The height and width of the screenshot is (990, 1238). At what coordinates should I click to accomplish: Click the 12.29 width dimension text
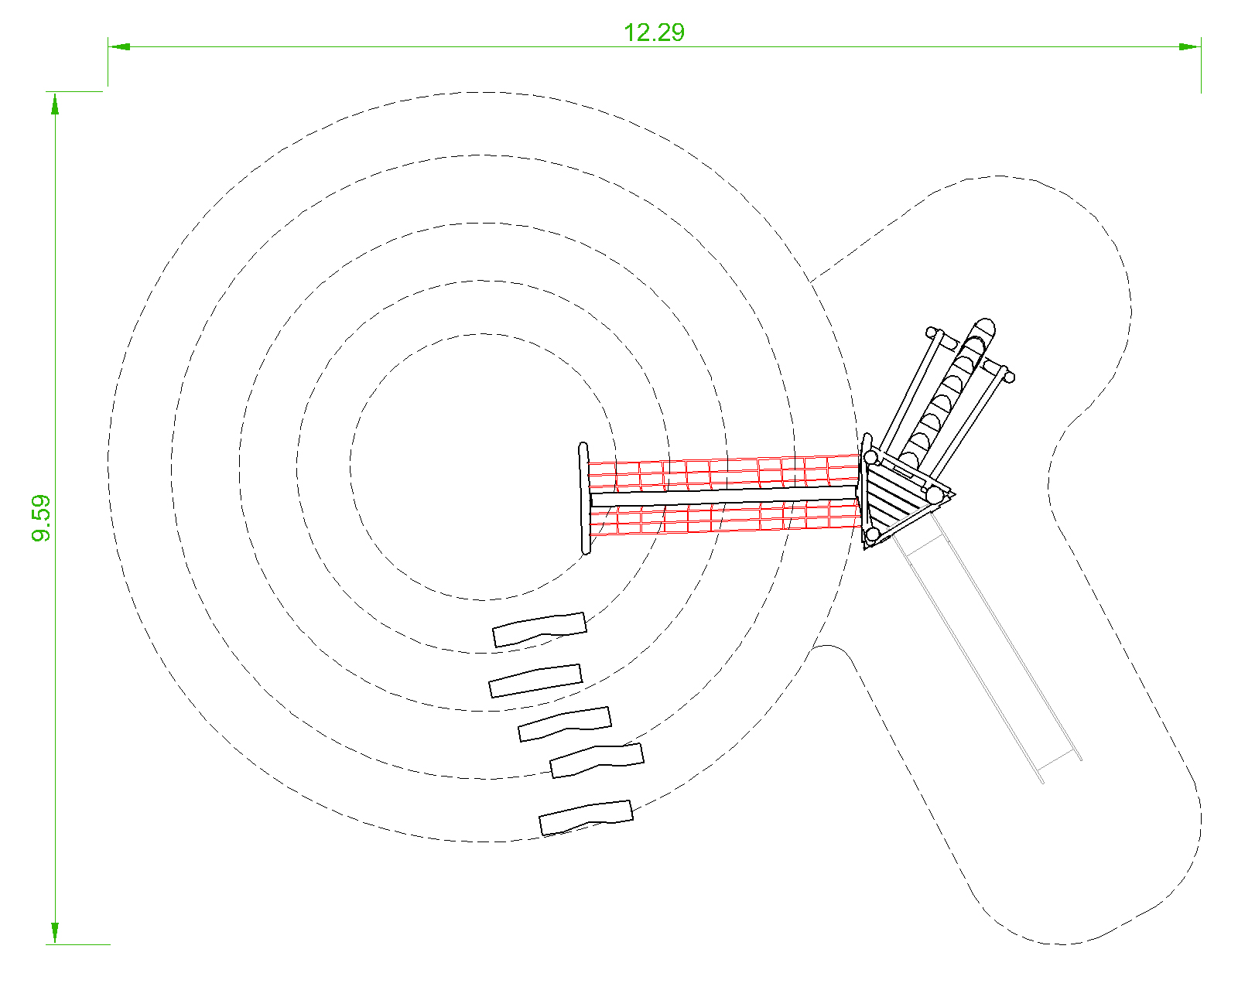[654, 32]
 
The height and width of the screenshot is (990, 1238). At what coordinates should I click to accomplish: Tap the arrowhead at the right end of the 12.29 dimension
[1190, 46]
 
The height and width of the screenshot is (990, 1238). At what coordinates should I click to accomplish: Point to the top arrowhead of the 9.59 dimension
[55, 102]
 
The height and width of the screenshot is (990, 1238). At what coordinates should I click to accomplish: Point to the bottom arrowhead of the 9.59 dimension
[55, 934]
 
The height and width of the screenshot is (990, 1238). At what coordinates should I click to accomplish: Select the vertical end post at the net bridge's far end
[584, 499]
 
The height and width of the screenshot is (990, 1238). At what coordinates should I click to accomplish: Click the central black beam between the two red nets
[723, 493]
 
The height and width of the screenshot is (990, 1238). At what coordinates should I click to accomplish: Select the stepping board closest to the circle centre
[539, 630]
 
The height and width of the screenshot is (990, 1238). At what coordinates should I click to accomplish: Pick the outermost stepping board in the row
[586, 818]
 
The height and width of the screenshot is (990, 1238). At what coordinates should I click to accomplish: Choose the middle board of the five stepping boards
[565, 723]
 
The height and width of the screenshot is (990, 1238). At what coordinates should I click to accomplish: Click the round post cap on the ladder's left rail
[933, 333]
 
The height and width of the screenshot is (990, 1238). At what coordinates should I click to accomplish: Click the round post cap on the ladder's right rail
[1007, 377]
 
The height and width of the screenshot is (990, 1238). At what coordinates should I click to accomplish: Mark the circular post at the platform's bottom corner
[872, 534]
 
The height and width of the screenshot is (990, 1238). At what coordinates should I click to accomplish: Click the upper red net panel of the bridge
[723, 471]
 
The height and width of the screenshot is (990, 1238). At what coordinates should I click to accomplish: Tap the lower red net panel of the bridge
[723, 517]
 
